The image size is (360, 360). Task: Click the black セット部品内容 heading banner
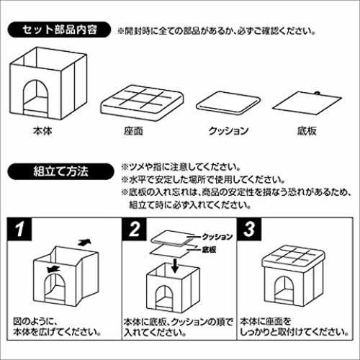tap(59, 30)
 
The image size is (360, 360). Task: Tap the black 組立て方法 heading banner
tap(60, 171)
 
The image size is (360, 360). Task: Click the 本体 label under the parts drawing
tap(42, 131)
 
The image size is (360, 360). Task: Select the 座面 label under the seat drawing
tap(133, 131)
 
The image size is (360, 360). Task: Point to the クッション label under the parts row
tap(228, 131)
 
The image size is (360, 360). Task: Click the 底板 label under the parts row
tap(307, 131)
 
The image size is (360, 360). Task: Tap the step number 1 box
tap(19, 229)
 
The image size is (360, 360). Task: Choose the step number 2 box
tap(135, 229)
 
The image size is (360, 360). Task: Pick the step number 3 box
tap(249, 229)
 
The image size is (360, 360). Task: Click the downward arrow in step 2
tap(175, 266)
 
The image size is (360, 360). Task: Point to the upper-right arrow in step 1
tap(84, 242)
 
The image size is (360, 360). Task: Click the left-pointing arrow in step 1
tap(53, 269)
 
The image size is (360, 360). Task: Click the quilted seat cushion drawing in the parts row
tap(142, 104)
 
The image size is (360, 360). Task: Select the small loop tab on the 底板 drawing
tap(318, 94)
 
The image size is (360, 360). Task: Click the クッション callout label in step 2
tap(217, 237)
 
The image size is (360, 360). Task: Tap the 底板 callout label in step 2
tap(209, 250)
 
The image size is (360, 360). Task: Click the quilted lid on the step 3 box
tap(293, 257)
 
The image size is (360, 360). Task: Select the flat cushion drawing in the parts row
tap(228, 104)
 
